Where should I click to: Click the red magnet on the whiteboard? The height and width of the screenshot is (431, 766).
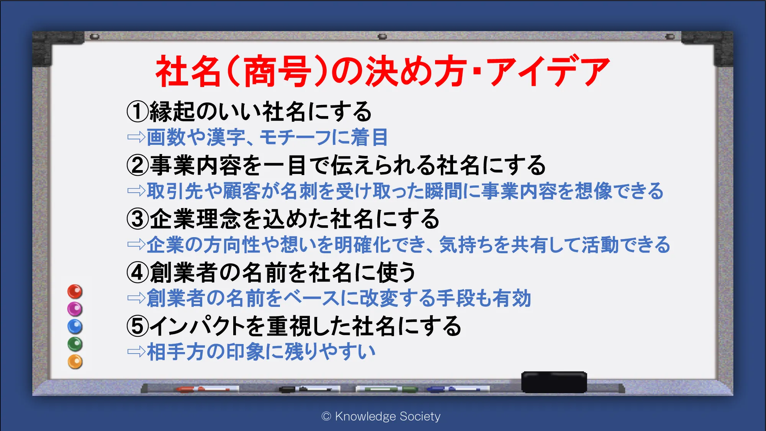[x=75, y=292]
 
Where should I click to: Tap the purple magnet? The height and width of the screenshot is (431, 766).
[x=75, y=309]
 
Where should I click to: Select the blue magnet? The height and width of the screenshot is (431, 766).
[x=75, y=326]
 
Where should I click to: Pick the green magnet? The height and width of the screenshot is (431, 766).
[x=75, y=344]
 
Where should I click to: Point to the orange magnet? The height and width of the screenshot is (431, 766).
[x=75, y=362]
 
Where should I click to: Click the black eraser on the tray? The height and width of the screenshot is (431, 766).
[x=554, y=382]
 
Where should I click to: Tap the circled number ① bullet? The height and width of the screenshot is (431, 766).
[x=137, y=111]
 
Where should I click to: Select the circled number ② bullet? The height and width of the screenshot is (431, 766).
[x=137, y=165]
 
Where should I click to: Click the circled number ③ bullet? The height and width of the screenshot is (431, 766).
[x=137, y=219]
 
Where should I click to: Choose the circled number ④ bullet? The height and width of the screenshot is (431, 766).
[x=137, y=272]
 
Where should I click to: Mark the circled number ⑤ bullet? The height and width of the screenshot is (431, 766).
[x=137, y=326]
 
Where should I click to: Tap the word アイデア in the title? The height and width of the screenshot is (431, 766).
[x=548, y=71]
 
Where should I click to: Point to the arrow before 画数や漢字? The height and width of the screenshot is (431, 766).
[x=136, y=137]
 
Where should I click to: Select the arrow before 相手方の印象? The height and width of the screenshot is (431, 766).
[x=136, y=351]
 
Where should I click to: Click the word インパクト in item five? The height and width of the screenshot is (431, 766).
[x=198, y=326]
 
